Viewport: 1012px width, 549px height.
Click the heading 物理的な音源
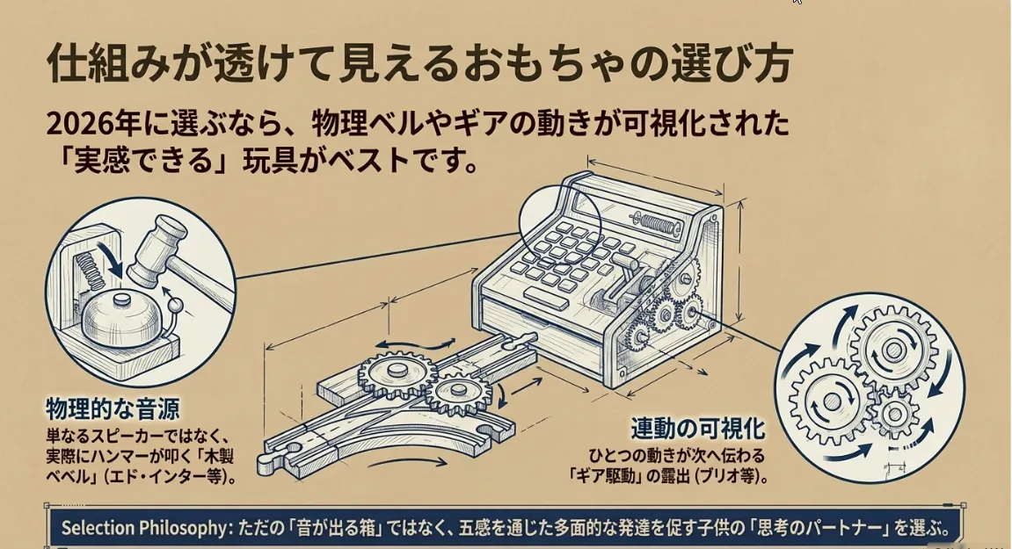point(113,409)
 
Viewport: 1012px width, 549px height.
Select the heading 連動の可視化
point(698,429)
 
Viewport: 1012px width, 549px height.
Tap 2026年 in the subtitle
point(93,123)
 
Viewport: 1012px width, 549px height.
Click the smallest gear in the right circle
point(895,415)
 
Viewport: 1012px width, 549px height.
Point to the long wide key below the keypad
point(546,300)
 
